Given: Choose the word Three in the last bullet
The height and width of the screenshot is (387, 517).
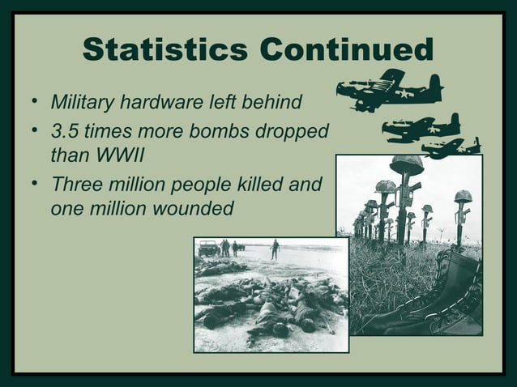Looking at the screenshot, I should (x=75, y=184).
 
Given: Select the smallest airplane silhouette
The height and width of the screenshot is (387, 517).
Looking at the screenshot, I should (x=451, y=147).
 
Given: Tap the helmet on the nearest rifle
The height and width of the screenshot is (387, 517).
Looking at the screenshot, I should (x=406, y=164).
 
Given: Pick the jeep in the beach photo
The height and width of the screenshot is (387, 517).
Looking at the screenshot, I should (x=208, y=248).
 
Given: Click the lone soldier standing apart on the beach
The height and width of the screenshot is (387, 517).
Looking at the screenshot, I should (x=276, y=249).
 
